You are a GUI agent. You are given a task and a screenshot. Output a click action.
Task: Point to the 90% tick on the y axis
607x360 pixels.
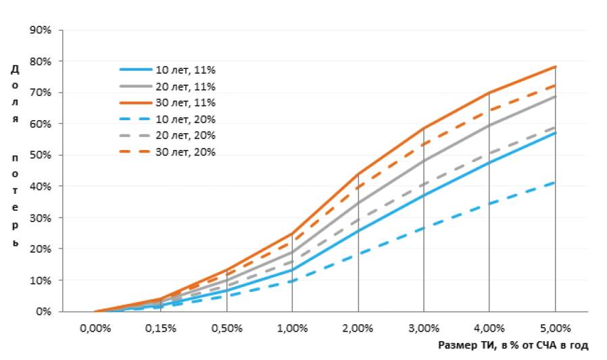(x=42, y=30)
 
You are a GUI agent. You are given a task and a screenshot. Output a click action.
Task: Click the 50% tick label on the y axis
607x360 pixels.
(x=42, y=155)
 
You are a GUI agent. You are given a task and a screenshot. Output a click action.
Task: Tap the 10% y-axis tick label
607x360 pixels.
(x=42, y=280)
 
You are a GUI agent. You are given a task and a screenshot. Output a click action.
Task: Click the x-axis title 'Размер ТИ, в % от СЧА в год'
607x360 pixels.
(x=513, y=345)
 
